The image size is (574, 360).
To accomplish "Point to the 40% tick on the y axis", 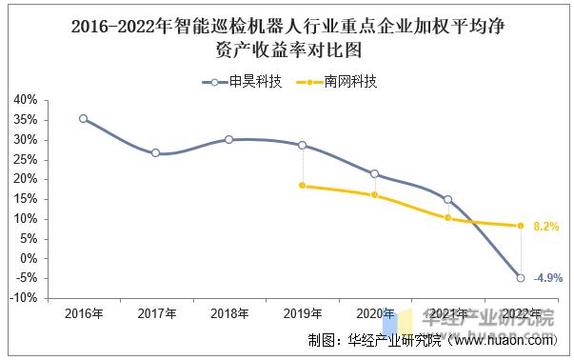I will click(x=26, y=100).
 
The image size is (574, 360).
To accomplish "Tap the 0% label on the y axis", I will click(x=30, y=258).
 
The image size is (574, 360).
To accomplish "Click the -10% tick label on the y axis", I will click(x=24, y=298).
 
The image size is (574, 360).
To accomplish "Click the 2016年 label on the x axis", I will click(x=84, y=313).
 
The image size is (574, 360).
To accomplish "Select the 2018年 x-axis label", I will click(x=229, y=313).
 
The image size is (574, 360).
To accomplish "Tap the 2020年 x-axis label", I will click(x=375, y=313).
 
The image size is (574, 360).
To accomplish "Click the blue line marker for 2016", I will click(x=84, y=118).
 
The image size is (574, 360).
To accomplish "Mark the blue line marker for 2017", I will click(x=156, y=152).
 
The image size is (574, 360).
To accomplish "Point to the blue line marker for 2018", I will click(x=229, y=139).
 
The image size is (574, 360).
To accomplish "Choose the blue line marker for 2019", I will click(x=303, y=145).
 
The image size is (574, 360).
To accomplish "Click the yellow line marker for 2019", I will click(x=303, y=186).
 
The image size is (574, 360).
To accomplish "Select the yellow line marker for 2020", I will click(x=375, y=194).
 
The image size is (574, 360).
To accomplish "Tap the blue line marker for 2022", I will click(x=521, y=277).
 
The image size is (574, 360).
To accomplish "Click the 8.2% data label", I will click(x=545, y=227).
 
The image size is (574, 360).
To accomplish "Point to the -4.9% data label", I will click(x=548, y=277).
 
